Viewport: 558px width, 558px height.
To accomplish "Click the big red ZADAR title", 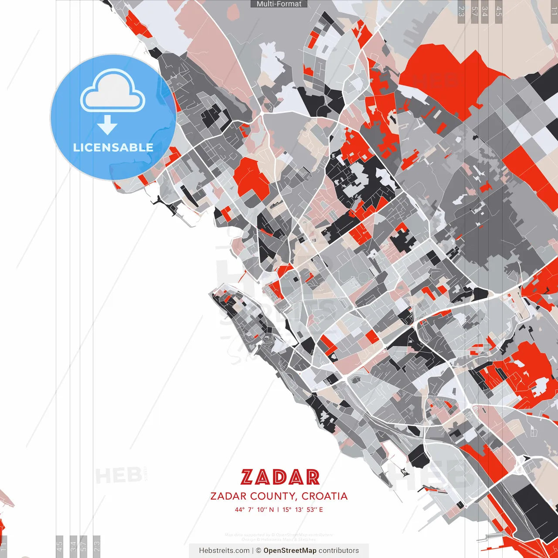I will tap(280, 477).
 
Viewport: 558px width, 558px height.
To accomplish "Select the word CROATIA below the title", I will tap(324, 496).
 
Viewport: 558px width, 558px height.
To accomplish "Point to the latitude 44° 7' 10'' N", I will tap(255, 510).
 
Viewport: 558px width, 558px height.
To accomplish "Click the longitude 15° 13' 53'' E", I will tap(303, 510).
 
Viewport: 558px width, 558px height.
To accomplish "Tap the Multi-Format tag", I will tap(279, 4).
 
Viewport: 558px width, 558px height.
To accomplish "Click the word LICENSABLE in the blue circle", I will tap(113, 148).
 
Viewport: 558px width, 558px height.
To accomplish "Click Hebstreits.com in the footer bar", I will tap(224, 551).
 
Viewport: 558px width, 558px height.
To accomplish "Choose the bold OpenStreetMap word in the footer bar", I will tap(289, 551).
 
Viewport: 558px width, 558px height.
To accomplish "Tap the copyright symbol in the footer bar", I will tap(259, 551).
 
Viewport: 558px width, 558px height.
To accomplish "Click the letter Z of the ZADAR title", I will tap(247, 477).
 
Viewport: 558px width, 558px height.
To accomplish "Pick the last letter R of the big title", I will tap(312, 477).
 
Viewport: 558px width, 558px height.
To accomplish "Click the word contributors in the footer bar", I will tap(338, 551).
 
